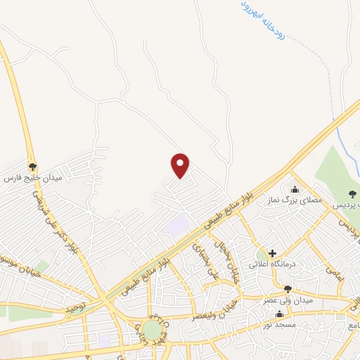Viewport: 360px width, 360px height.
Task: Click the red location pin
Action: pos(181,165)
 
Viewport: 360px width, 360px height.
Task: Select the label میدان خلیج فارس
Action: pos(33,179)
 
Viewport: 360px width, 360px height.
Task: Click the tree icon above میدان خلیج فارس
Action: pos(32,167)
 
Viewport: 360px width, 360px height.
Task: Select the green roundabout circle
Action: pos(151,329)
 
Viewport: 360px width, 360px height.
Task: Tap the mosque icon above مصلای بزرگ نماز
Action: pos(294,189)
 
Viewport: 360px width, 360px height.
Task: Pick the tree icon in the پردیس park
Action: pos(352,194)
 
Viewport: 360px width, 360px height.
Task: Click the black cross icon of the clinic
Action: pos(272,253)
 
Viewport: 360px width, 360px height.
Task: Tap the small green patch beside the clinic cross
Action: pos(262,253)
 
